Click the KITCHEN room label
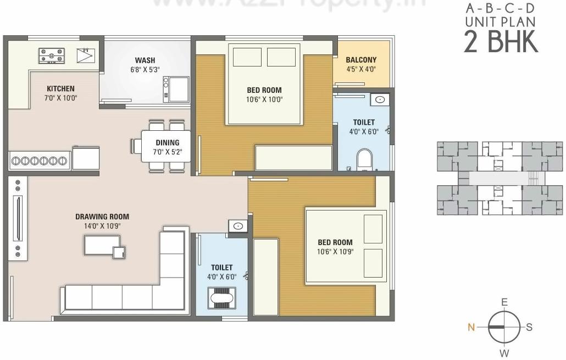pyautogui.click(x=60, y=88)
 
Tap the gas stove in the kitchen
pyautogui.click(x=52, y=55)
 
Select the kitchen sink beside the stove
pyautogui.click(x=85, y=56)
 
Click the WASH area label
pyautogui.click(x=145, y=60)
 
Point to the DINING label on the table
pyautogui.click(x=167, y=143)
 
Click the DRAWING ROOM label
pyautogui.click(x=102, y=217)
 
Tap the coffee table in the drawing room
pyautogui.click(x=102, y=245)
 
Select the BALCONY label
pyautogui.click(x=361, y=60)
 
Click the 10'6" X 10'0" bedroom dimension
pyautogui.click(x=264, y=100)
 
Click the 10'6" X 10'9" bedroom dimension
pyautogui.click(x=335, y=252)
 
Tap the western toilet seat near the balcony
pyautogui.click(x=364, y=159)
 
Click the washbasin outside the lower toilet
pyautogui.click(x=238, y=226)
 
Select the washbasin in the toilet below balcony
pyautogui.click(x=380, y=99)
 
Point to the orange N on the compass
pyautogui.click(x=471, y=327)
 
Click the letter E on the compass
pyautogui.click(x=504, y=302)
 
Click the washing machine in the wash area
pyautogui.click(x=179, y=89)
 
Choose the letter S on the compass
pyautogui.click(x=529, y=327)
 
